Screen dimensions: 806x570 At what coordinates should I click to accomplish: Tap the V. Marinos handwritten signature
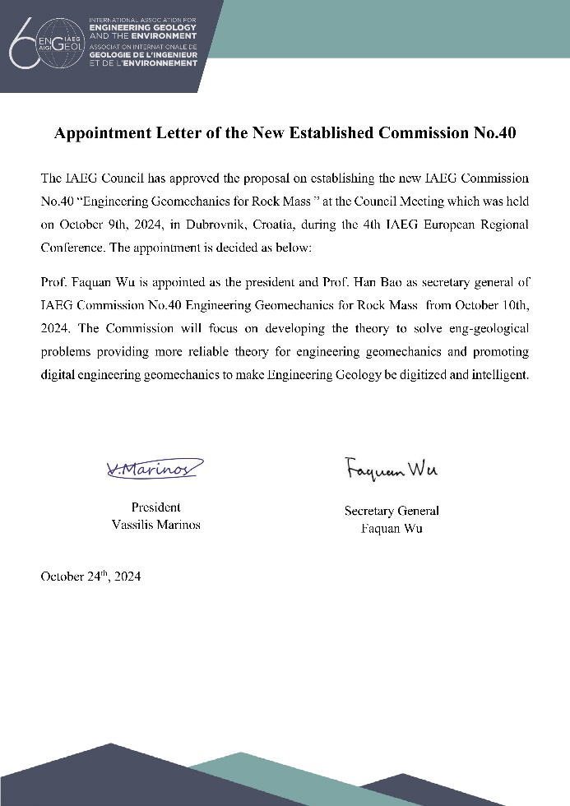coord(154,470)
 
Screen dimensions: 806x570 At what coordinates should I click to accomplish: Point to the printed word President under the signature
coord(155,507)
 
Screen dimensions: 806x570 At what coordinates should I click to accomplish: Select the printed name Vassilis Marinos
coord(155,525)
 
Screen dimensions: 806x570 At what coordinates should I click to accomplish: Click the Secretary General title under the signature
coord(392,511)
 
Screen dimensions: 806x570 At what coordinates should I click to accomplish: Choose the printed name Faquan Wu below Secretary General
coord(392,528)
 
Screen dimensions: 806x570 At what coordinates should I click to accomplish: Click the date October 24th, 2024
coord(90,577)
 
